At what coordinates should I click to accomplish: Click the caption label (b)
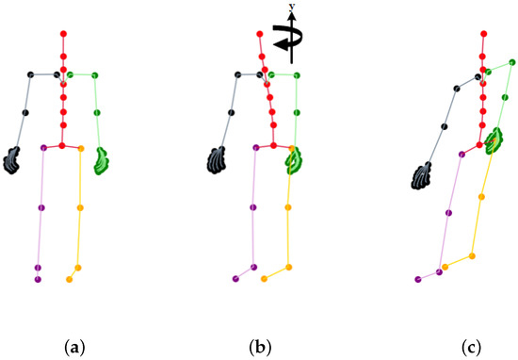[257, 347]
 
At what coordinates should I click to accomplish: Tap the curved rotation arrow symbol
[285, 36]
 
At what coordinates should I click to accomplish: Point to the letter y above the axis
[291, 7]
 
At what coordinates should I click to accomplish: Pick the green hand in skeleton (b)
[295, 159]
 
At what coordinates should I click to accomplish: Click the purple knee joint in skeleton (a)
[40, 207]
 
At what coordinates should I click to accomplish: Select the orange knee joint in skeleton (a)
[79, 208]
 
